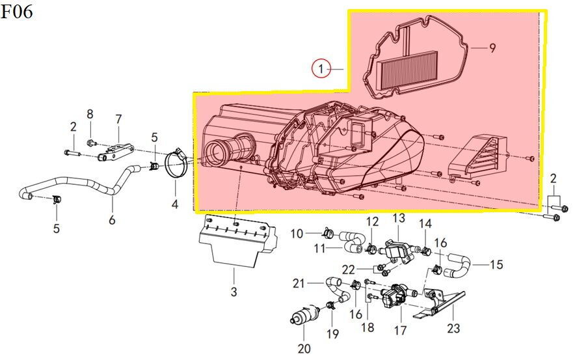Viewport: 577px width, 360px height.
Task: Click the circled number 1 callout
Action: pyautogui.click(x=321, y=69)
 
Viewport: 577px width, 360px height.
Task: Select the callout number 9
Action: pyautogui.click(x=492, y=48)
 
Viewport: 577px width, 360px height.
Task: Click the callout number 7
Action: pyautogui.click(x=118, y=119)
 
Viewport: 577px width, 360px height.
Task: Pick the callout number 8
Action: pyautogui.click(x=90, y=114)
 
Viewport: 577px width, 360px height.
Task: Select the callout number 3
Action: pyautogui.click(x=234, y=292)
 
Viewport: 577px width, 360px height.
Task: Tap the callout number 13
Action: pyautogui.click(x=399, y=218)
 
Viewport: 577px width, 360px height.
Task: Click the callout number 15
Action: pyautogui.click(x=496, y=264)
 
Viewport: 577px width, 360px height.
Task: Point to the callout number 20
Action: pyautogui.click(x=304, y=348)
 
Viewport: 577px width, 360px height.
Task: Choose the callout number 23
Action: pyautogui.click(x=453, y=327)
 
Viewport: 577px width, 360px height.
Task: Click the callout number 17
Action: pyautogui.click(x=400, y=330)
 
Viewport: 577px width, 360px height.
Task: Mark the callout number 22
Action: pyautogui.click(x=348, y=270)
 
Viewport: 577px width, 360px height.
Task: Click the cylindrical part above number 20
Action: pyautogui.click(x=304, y=314)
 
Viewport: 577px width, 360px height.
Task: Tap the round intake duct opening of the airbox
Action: pyautogui.click(x=217, y=152)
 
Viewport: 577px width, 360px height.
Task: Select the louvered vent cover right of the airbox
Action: pyautogui.click(x=477, y=156)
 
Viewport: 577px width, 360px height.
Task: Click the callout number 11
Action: pyautogui.click(x=320, y=249)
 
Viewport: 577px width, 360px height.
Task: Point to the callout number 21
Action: pyautogui.click(x=299, y=283)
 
